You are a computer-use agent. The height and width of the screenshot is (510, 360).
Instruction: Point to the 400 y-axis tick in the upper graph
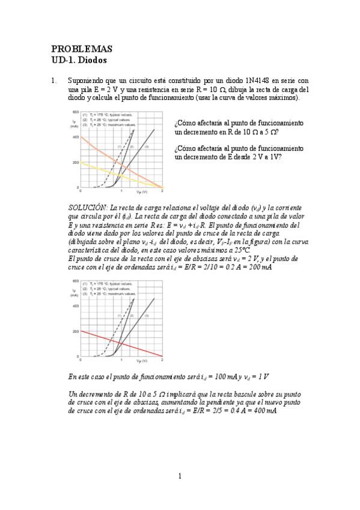pyautogui.click(x=75, y=138)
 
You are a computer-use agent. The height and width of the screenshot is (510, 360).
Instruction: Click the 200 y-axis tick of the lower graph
pyautogui.click(x=75, y=331)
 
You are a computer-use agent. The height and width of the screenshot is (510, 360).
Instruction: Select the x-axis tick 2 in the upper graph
pyautogui.click(x=162, y=191)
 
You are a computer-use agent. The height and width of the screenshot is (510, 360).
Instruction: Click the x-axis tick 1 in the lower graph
pyautogui.click(x=121, y=360)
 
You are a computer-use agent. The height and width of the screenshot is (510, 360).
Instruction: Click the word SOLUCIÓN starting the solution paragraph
pyautogui.click(x=88, y=207)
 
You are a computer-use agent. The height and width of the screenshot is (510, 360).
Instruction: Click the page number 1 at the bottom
pyautogui.click(x=180, y=477)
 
